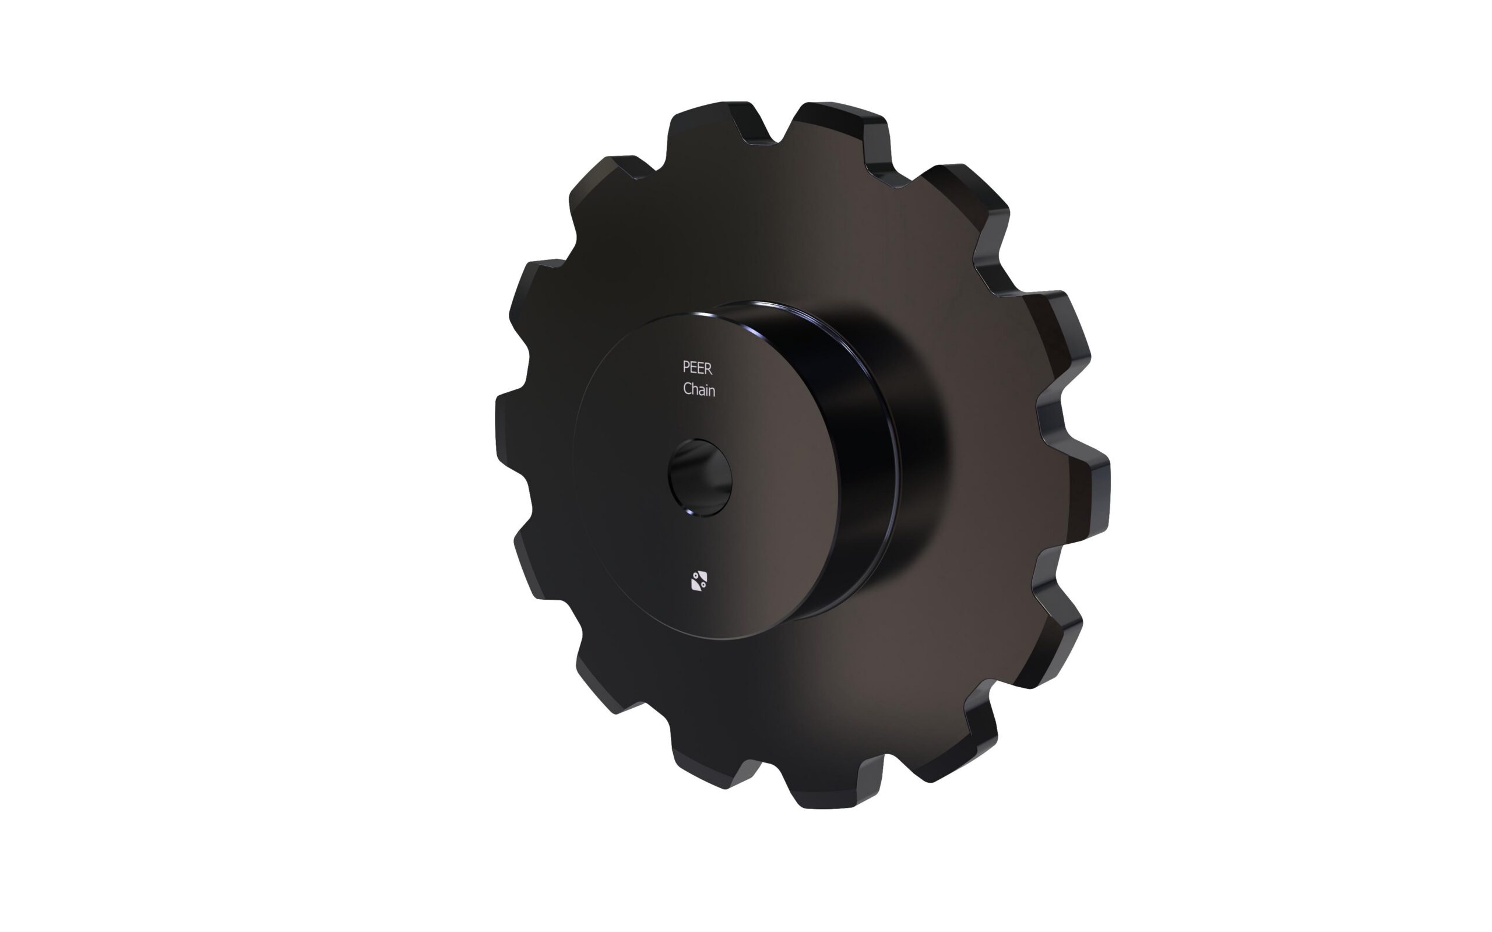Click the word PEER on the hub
tap(697, 368)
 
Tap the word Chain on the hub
tap(699, 389)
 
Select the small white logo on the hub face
tap(699, 581)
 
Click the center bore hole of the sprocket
tap(699, 478)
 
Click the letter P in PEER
tap(686, 368)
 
